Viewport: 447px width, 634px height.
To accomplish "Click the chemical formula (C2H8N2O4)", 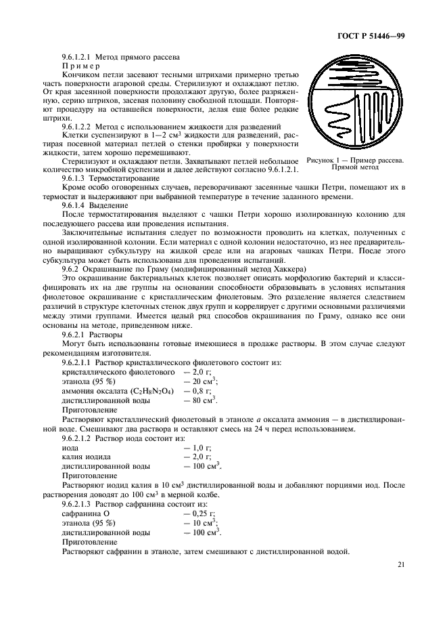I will (151, 391).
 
